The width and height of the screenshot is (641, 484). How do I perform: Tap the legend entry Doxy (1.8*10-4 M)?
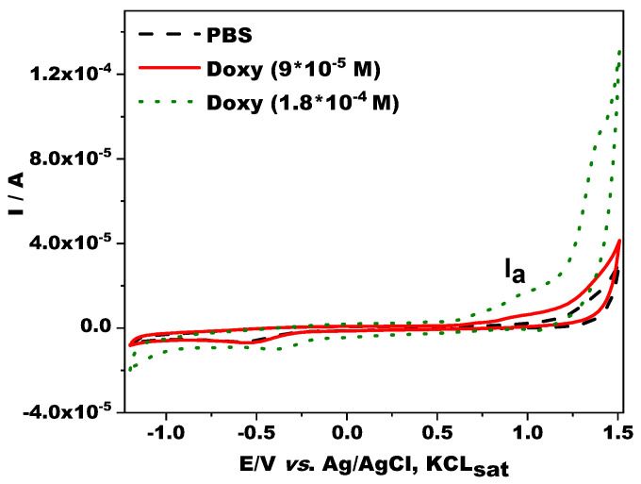point(299,102)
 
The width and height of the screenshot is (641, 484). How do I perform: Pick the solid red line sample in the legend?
point(164,69)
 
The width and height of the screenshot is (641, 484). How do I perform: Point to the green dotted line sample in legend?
point(164,102)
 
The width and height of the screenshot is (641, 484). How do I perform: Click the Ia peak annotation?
point(513,275)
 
